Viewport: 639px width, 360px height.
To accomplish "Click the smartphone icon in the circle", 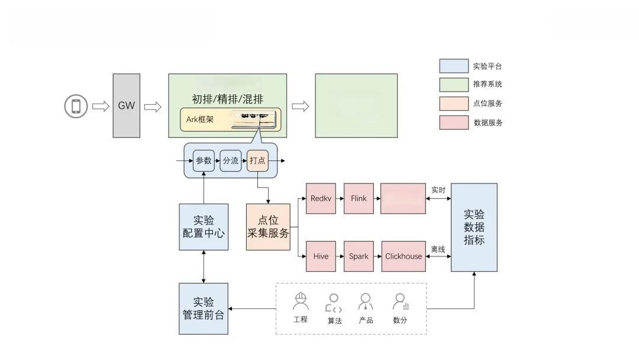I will click(76, 107).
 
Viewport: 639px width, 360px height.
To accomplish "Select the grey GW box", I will click(127, 106).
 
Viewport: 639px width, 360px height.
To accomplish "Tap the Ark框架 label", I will click(200, 120).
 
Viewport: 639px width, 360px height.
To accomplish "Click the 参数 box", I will click(204, 160).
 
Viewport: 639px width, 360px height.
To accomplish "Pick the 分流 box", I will click(231, 160).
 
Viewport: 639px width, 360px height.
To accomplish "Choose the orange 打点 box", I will click(257, 160).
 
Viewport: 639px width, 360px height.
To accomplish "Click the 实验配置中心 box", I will click(204, 227).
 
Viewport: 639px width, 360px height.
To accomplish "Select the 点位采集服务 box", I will click(268, 227).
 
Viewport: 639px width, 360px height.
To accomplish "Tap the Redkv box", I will click(321, 198).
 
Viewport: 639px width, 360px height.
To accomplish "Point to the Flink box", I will click(359, 198).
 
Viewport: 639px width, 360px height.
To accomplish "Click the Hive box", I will click(321, 256).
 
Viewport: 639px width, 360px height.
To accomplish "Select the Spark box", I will click(359, 256).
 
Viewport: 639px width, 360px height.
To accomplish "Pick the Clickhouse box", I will click(404, 256).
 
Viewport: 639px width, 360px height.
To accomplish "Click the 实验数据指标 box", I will click(474, 227).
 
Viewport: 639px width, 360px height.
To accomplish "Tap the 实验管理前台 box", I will click(204, 308).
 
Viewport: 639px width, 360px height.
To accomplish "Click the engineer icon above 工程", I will click(301, 302).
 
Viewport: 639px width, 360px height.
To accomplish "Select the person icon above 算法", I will click(334, 303).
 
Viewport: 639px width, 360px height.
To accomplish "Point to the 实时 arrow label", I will click(438, 190).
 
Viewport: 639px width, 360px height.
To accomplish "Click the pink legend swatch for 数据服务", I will click(454, 123).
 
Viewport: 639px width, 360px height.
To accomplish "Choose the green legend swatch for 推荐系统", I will click(454, 84).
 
